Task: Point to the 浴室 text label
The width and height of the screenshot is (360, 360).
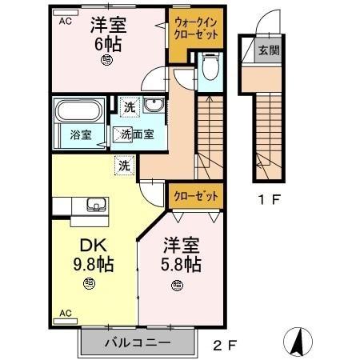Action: [x=80, y=135]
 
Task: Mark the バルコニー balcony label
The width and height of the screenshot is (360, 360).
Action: [x=137, y=342]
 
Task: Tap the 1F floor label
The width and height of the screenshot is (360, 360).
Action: [x=268, y=200]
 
